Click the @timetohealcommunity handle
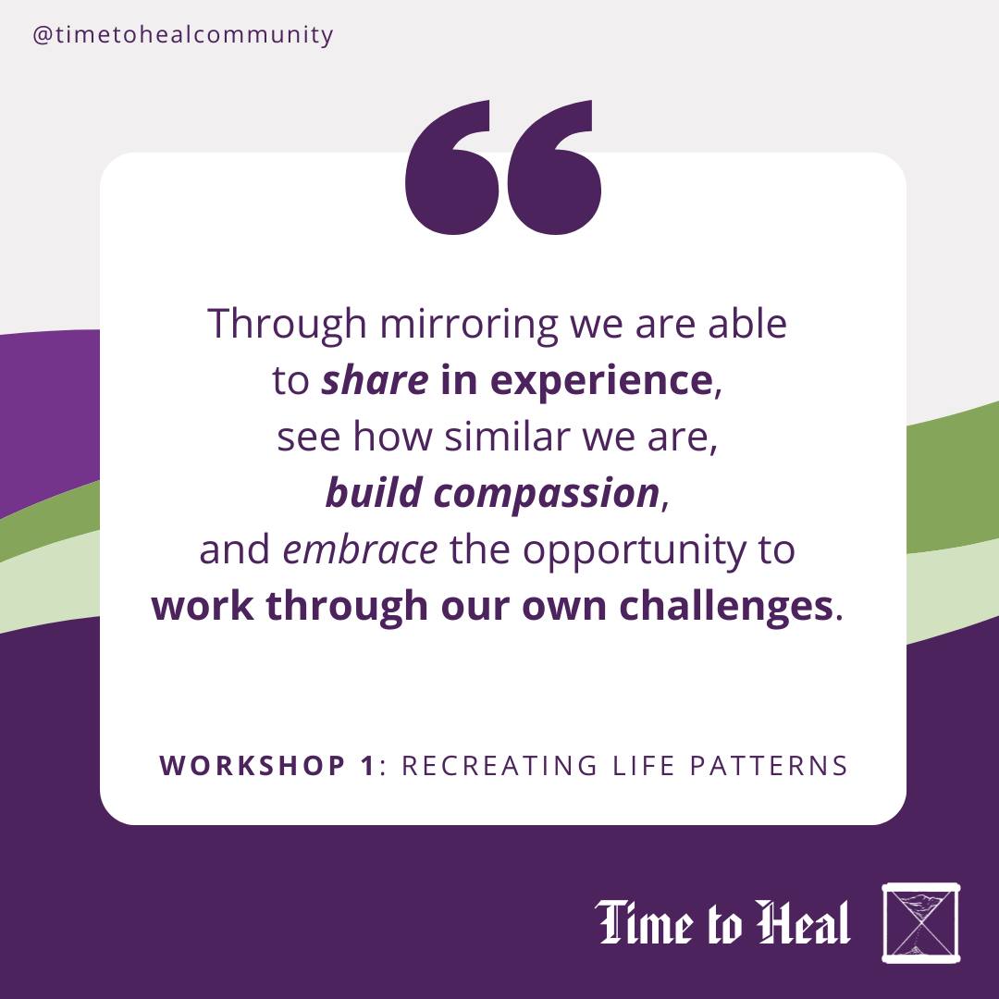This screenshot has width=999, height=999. tap(183, 35)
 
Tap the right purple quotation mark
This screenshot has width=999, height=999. tap(554, 167)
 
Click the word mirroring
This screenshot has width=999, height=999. tap(469, 326)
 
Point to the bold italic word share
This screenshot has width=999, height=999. tap(375, 380)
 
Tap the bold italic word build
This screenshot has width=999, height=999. tap(374, 493)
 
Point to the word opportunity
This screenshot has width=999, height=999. tap(634, 552)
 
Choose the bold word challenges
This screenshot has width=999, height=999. tap(726, 606)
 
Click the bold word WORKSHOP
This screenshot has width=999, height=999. tap(253, 765)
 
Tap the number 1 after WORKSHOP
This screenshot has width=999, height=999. tap(368, 765)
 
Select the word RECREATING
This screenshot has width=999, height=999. tap(499, 765)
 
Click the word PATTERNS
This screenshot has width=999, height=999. tap(769, 765)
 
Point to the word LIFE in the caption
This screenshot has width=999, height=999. tap(644, 765)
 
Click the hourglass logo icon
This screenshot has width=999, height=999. tap(920, 923)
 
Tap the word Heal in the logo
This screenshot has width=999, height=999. tap(804, 922)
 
